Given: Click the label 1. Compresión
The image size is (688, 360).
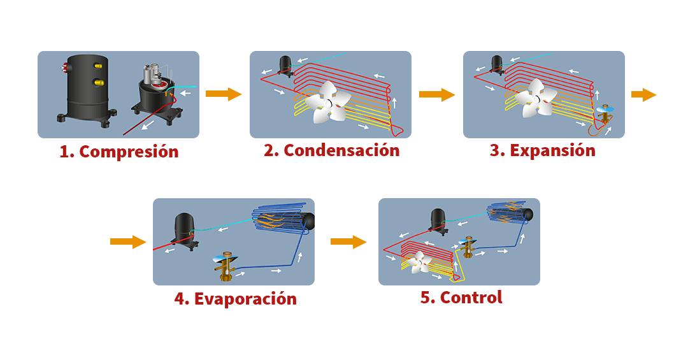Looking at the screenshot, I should pyautogui.click(x=119, y=152).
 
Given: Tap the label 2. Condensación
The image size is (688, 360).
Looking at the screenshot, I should pyautogui.click(x=332, y=151).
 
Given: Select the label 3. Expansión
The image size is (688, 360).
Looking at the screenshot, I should pyautogui.click(x=543, y=151).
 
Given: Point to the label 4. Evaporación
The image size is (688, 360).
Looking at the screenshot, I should pyautogui.click(x=236, y=299).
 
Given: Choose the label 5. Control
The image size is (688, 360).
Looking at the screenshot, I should pyautogui.click(x=461, y=298).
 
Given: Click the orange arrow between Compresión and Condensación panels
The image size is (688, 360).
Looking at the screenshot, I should pyautogui.click(x=224, y=94).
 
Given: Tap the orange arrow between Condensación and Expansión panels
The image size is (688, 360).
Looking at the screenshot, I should pyautogui.click(x=437, y=95).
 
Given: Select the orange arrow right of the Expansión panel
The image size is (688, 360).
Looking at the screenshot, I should pyautogui.click(x=644, y=95).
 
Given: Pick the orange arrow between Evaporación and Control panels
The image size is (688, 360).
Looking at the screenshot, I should pyautogui.click(x=348, y=242).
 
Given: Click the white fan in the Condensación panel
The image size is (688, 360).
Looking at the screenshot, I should pyautogui.click(x=327, y=102).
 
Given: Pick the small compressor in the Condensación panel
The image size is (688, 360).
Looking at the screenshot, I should pyautogui.click(x=285, y=64).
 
